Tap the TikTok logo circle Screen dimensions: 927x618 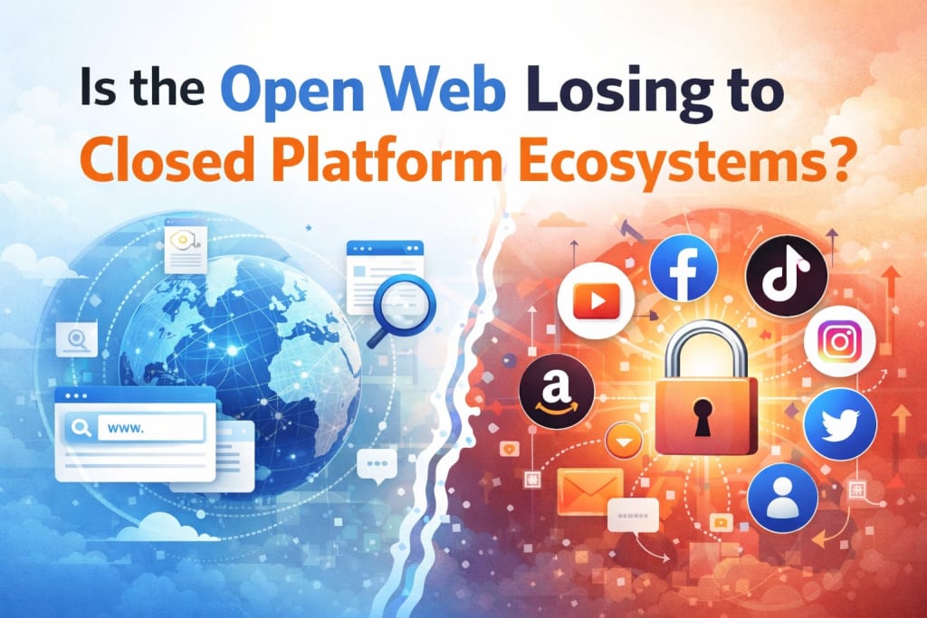[785, 270]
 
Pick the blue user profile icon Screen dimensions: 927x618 [782, 498]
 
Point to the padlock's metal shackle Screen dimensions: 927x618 [705, 348]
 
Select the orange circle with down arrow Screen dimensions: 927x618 [624, 441]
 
